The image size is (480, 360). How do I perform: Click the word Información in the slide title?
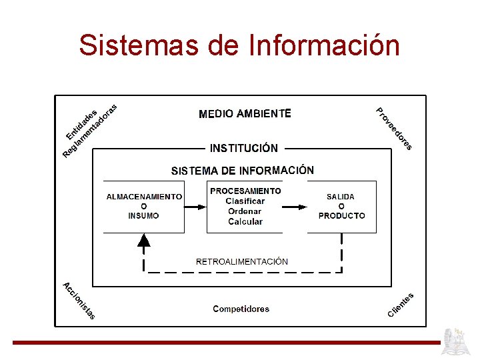(324, 45)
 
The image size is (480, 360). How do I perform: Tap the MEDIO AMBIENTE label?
(245, 113)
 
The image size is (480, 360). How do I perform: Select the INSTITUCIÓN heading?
(244, 148)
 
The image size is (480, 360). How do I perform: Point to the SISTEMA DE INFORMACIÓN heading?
(242, 171)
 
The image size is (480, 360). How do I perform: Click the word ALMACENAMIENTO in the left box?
(144, 197)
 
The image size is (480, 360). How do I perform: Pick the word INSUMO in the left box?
(144, 215)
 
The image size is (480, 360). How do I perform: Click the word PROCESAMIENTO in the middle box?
(245, 191)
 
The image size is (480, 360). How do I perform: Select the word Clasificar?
(245, 201)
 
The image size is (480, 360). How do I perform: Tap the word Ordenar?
(245, 211)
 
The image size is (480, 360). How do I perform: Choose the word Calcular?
(245, 221)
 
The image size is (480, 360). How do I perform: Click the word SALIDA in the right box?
(341, 197)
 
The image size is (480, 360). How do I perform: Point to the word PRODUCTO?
(341, 215)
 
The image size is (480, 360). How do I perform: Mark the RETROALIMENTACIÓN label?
(242, 261)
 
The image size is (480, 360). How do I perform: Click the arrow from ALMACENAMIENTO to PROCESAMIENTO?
(195, 207)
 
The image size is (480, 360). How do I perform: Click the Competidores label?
(241, 309)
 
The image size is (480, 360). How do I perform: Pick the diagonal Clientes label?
(401, 305)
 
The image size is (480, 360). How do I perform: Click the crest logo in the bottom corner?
(459, 341)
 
